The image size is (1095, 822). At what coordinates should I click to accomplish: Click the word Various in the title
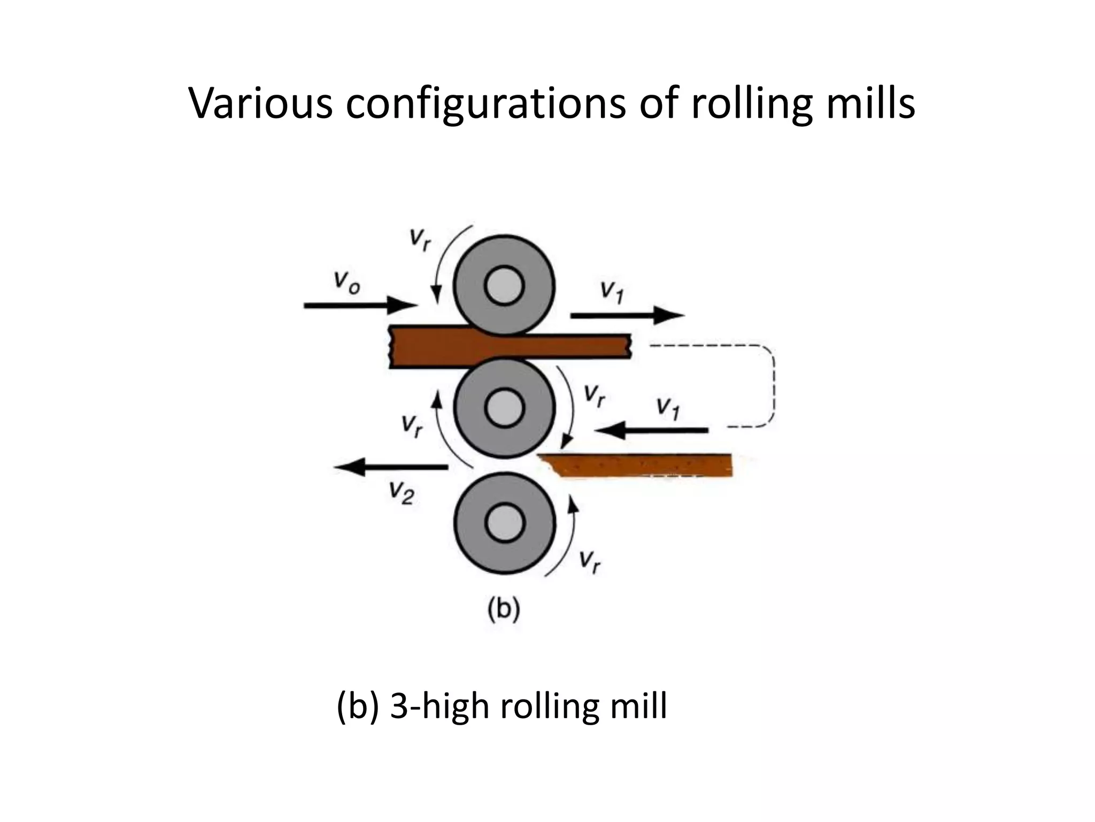coord(261,103)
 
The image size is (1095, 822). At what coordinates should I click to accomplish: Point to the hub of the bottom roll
coord(504,523)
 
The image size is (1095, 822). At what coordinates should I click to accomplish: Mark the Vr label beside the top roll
coord(420,240)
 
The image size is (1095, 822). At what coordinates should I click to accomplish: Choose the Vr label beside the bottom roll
coord(590,562)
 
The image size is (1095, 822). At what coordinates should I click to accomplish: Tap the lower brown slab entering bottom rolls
coord(642,465)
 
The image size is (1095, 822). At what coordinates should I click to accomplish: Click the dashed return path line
coord(773,385)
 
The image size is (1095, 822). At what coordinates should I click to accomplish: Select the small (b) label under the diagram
coord(504,610)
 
